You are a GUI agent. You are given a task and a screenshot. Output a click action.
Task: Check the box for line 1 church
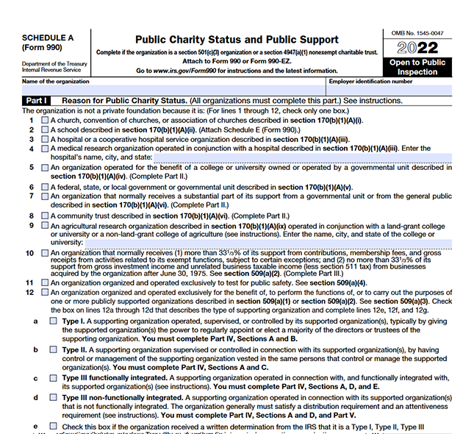click(45, 119)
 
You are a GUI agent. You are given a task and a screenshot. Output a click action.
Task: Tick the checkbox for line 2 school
click(45, 129)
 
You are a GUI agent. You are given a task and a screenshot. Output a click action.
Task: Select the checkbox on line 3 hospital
click(45, 138)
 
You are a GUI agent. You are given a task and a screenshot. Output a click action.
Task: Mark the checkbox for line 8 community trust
click(45, 216)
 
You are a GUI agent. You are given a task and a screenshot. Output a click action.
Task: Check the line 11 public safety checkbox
click(45, 282)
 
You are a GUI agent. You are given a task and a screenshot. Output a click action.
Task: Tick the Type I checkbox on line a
click(53, 321)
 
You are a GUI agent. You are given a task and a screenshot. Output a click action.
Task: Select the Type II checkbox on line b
click(53, 350)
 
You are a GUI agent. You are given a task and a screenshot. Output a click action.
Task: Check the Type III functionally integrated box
click(53, 378)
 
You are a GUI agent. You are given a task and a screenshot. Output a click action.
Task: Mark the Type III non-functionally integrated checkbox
click(53, 398)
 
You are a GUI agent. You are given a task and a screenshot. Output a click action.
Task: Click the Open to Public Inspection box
click(417, 67)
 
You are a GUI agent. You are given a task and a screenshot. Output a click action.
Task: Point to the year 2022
click(417, 49)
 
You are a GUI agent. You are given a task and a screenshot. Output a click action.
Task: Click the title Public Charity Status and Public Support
click(237, 40)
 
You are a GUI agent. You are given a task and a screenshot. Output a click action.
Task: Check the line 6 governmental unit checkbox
click(45, 187)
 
